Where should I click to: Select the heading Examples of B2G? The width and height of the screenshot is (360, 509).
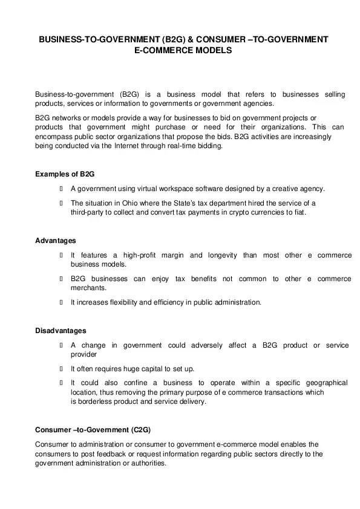[65, 174]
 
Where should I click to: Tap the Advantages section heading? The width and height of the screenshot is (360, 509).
[56, 241]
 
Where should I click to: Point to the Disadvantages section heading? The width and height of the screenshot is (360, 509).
[61, 331]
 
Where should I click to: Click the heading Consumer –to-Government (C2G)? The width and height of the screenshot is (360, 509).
[93, 430]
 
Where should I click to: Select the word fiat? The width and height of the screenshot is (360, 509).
[299, 213]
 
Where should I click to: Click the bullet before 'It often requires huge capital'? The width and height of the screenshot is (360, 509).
[62, 368]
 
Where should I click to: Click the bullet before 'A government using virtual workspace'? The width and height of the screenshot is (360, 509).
[62, 188]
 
